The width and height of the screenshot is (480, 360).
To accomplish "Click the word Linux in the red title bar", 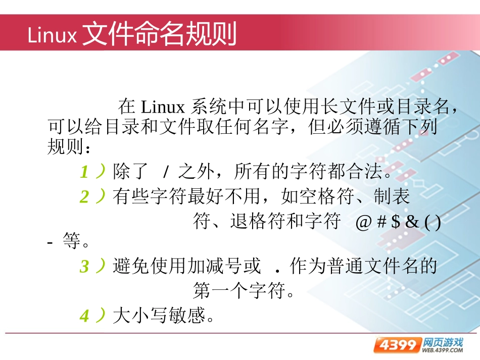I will click(x=52, y=35).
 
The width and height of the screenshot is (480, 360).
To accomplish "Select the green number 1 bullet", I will click(x=84, y=173).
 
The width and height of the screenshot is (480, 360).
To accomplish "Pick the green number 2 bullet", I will click(x=84, y=196).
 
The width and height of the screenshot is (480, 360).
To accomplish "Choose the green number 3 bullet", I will click(x=84, y=266).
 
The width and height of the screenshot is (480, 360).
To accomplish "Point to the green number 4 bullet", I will click(x=84, y=316).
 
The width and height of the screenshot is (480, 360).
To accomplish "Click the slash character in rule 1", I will click(x=165, y=173).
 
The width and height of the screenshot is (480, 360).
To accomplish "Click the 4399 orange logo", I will click(x=397, y=345).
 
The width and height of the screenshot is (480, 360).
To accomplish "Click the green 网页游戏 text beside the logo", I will click(x=443, y=341).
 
